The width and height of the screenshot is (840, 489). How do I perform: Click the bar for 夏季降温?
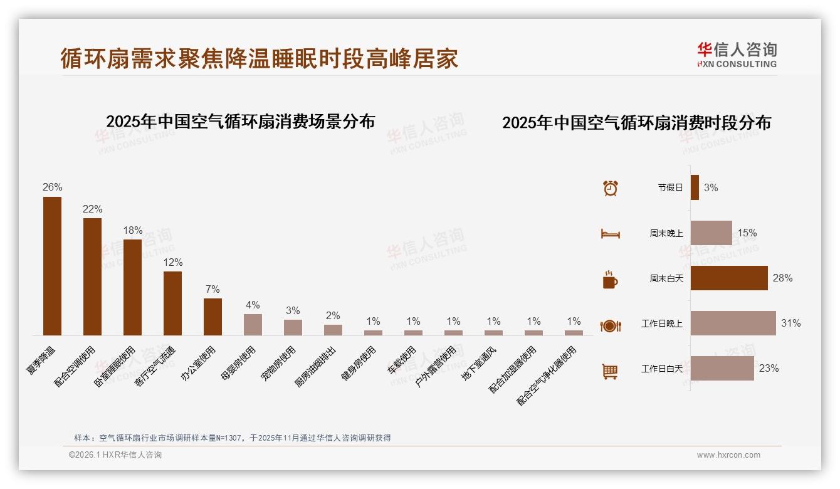coord(52,266)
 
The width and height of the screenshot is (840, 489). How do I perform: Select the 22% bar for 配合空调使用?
coord(92,276)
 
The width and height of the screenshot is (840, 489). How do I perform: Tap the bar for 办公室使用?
coord(213,317)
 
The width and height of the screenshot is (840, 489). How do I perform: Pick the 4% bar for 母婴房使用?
coord(253,325)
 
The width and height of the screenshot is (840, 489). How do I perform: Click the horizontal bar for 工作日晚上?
coord(733,323)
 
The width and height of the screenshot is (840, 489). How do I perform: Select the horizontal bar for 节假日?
coord(695,187)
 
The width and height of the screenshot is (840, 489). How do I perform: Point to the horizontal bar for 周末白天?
coord(729,278)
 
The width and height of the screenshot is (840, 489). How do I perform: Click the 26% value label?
coord(52,187)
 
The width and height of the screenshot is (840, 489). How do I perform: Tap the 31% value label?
coord(790,323)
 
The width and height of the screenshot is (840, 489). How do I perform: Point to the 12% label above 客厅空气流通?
coord(172,262)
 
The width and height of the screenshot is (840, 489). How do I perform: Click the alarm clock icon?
coord(610,188)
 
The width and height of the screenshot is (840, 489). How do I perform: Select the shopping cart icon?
coord(610,371)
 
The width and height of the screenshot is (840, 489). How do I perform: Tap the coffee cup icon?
coord(610,280)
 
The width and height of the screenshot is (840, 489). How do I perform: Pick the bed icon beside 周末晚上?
coord(610,234)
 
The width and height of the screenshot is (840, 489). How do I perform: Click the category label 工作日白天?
coord(661,369)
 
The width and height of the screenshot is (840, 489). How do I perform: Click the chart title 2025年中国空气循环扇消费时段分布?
coord(636,122)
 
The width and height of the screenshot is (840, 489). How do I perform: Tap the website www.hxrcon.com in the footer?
coord(728,455)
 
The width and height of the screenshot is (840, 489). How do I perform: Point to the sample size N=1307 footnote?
coord(231,438)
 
